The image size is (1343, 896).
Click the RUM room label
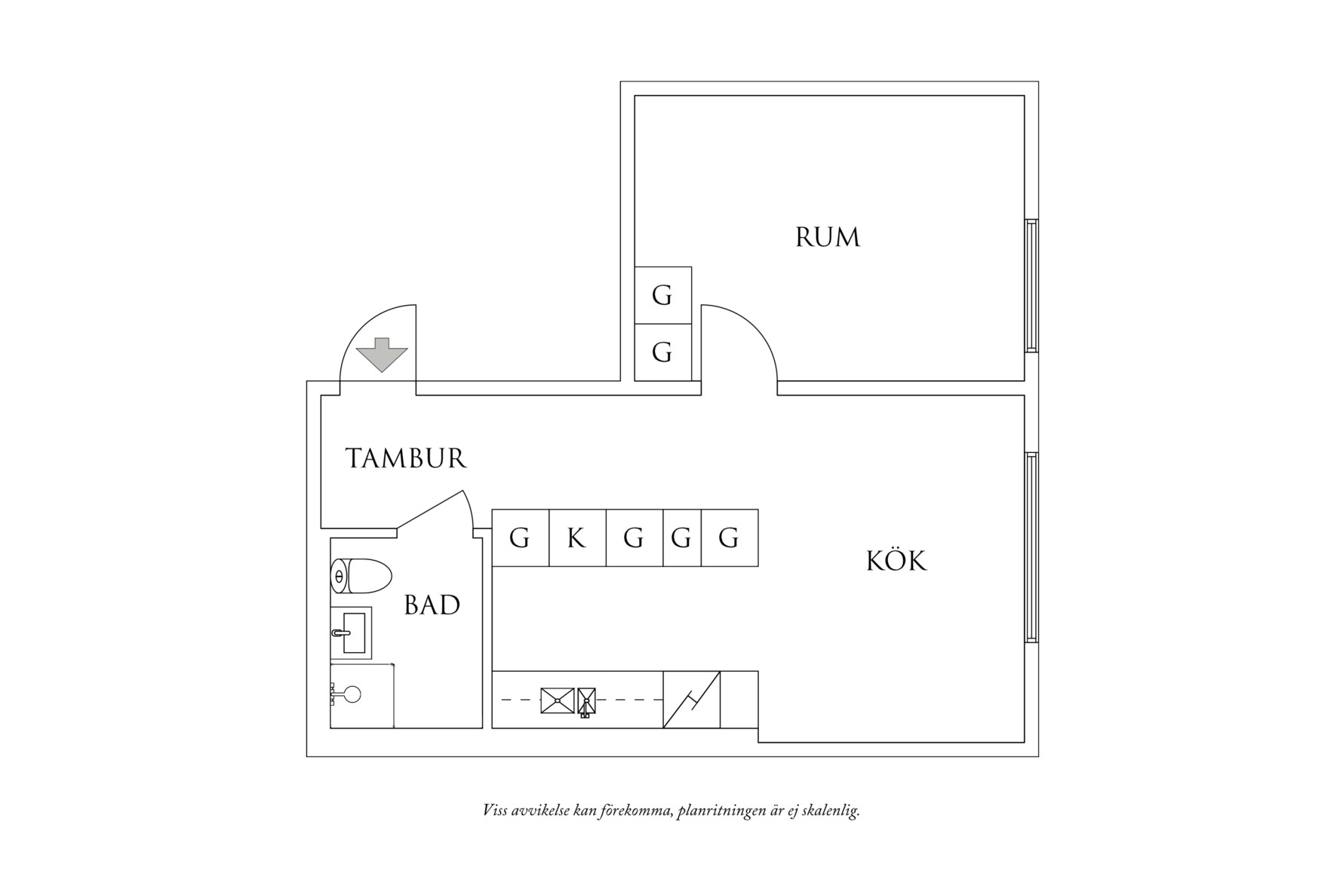[828, 238]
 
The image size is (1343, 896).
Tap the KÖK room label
[896, 562]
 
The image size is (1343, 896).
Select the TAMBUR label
[406, 458]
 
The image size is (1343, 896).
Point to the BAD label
[432, 605]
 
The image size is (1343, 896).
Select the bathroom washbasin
[352, 633]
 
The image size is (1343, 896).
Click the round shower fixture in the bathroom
[351, 694]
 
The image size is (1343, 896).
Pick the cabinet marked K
[576, 538]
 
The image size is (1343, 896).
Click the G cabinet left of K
[520, 538]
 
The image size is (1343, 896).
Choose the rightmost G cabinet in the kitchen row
[729, 538]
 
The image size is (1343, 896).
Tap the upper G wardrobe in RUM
[662, 295]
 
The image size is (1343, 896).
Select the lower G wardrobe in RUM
[662, 353]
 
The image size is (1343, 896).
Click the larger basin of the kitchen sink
[557, 700]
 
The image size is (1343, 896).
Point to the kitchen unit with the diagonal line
[691, 700]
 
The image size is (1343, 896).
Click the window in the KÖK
[1031, 547]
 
